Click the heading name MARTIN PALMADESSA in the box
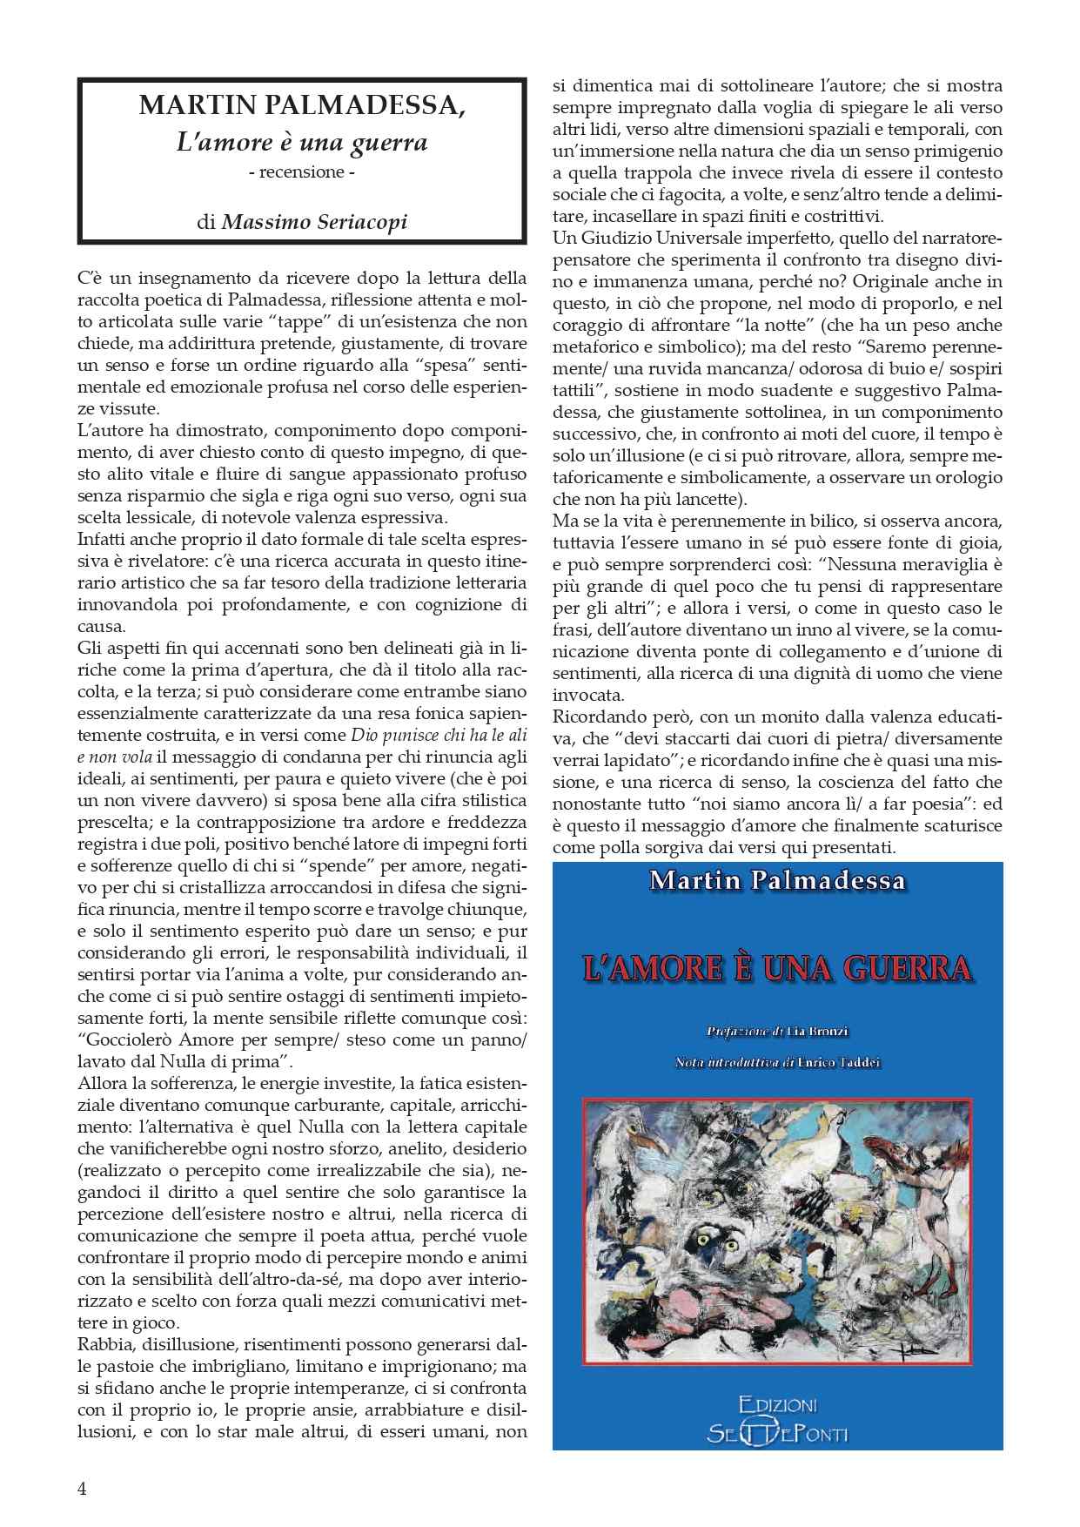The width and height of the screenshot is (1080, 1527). [x=302, y=106]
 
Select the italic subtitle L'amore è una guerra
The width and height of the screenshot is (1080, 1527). [x=302, y=141]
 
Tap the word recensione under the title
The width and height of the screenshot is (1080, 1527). [x=302, y=172]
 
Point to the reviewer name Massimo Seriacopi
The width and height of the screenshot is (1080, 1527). [x=315, y=221]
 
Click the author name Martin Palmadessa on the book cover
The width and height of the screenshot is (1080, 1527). [x=777, y=880]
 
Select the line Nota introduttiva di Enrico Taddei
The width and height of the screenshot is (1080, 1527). [x=777, y=1062]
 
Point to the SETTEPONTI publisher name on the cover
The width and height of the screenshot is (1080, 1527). [x=777, y=1433]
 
